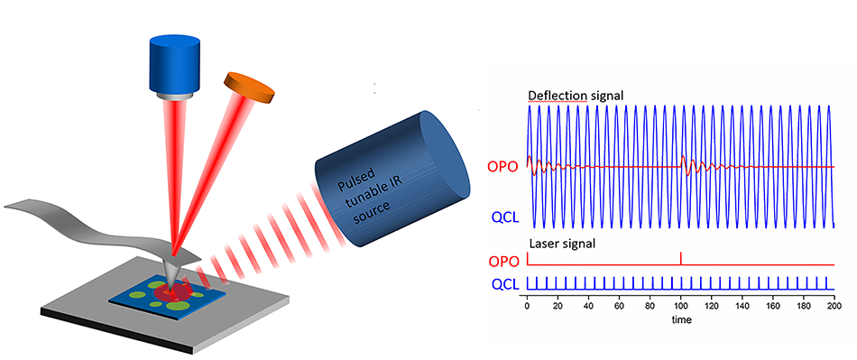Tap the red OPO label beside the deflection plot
click(x=502, y=167)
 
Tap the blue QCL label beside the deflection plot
click(x=502, y=217)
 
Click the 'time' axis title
click(x=680, y=320)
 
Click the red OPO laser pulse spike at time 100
click(x=680, y=257)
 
